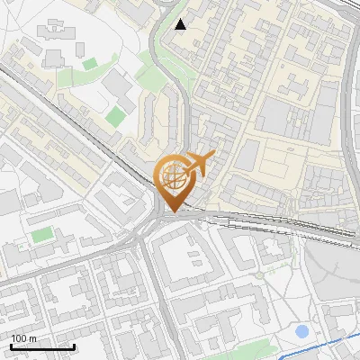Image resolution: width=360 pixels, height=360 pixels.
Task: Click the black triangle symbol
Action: coord(181,24)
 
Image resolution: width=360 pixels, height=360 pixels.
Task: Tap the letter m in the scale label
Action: coord(33,338)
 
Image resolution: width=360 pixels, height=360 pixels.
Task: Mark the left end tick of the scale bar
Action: coord(10,346)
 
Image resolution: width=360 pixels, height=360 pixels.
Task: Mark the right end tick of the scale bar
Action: coord(74,346)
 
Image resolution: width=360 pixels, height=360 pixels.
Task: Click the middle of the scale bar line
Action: coord(41,347)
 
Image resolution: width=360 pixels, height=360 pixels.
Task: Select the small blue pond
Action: coord(302,331)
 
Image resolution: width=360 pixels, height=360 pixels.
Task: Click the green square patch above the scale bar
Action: coord(41,235)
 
